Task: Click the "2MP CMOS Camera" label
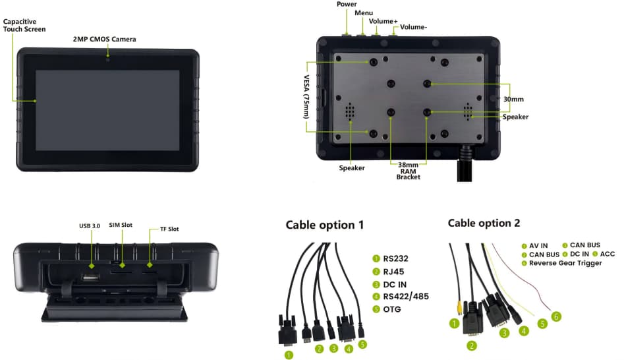[104, 40]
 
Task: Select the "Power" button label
[347, 5]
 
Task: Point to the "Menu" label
[363, 13]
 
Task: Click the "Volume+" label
[383, 21]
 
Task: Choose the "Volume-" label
[413, 28]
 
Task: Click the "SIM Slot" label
[121, 225]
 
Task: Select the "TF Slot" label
[169, 229]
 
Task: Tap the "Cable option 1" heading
[324, 225]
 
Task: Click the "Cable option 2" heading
[484, 223]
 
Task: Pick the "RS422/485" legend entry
[405, 296]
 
